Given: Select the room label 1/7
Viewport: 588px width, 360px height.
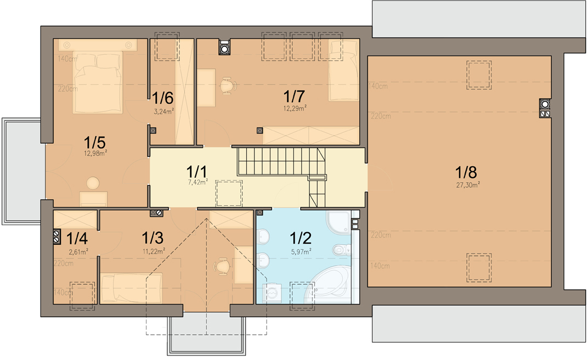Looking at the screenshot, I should point(294,97).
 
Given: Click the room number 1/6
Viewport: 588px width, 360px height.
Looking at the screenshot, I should point(163,99).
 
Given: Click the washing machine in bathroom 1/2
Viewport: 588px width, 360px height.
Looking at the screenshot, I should point(273,293).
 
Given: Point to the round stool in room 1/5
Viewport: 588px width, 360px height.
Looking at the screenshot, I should point(93,183).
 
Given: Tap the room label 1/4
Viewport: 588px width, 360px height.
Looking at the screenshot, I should point(77,239).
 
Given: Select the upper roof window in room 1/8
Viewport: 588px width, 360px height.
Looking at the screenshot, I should point(478,74).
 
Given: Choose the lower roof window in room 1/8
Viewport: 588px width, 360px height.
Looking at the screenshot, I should point(478,267).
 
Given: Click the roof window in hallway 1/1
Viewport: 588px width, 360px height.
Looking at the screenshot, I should point(228,193).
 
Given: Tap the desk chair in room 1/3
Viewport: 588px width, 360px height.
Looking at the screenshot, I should point(221,266).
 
